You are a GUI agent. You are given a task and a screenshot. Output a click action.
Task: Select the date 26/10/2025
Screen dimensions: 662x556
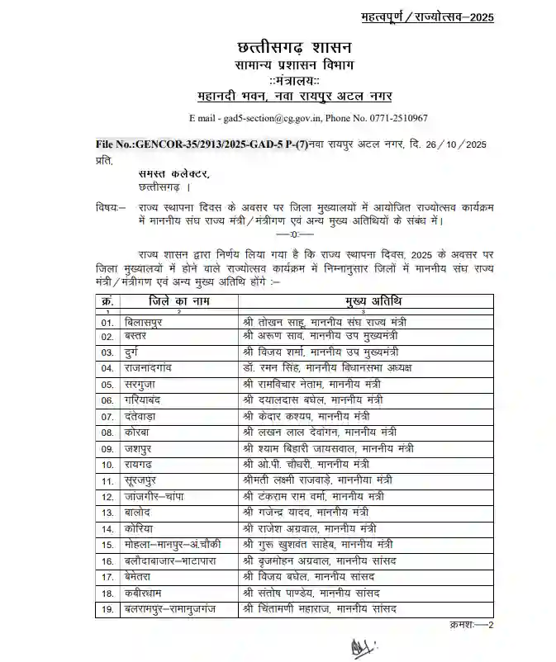tap(452, 144)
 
